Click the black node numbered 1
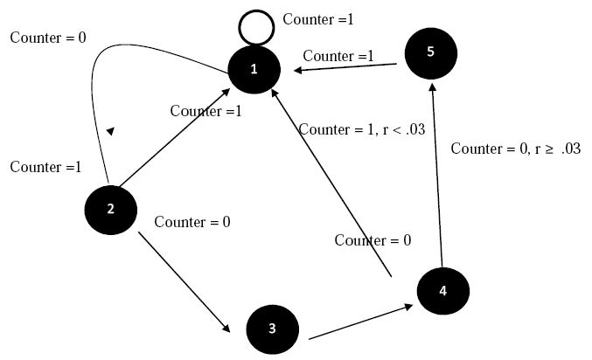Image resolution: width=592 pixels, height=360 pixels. click(x=254, y=69)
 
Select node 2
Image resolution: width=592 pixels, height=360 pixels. click(x=110, y=208)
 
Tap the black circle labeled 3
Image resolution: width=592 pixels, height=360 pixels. click(x=272, y=329)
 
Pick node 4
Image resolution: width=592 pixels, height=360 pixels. click(x=442, y=292)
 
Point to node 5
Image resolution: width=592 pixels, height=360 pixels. click(x=430, y=52)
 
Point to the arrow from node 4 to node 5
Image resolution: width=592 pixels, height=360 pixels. click(x=436, y=175)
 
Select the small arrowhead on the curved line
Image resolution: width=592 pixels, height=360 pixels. click(x=109, y=130)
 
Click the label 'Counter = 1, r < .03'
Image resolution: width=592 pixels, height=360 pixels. click(x=362, y=129)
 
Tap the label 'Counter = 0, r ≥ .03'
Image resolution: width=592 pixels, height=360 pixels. click(x=515, y=149)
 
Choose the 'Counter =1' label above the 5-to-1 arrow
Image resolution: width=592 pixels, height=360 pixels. click(x=338, y=55)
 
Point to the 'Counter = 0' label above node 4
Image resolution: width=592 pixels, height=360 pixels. click(x=373, y=240)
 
